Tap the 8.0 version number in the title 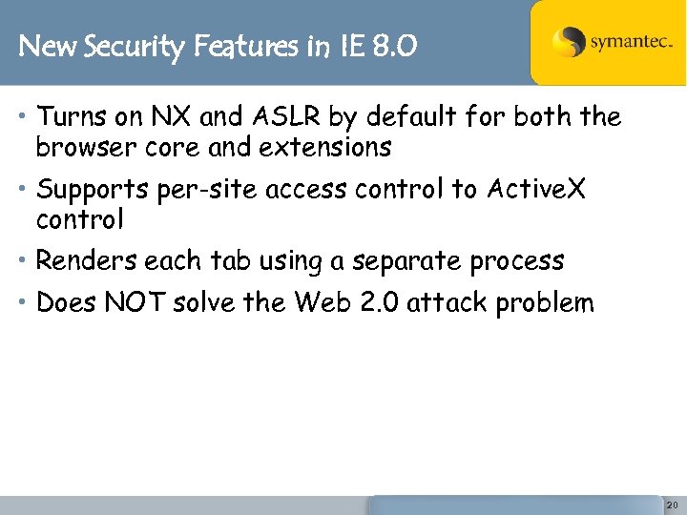pos(394,45)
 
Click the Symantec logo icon pos(569,43)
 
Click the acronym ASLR pos(285,117)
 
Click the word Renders pos(87,260)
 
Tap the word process pos(522,261)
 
